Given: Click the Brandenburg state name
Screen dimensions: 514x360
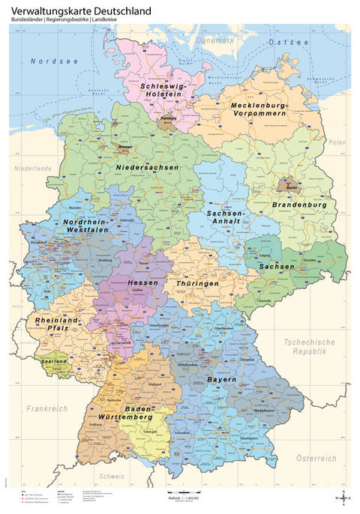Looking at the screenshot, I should pos(299,205).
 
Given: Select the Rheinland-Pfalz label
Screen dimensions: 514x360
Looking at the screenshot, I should pos(57,324).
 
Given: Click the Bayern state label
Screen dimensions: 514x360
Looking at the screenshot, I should pos(222,380).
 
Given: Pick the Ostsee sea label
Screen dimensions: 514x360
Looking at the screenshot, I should pos(288,44).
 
